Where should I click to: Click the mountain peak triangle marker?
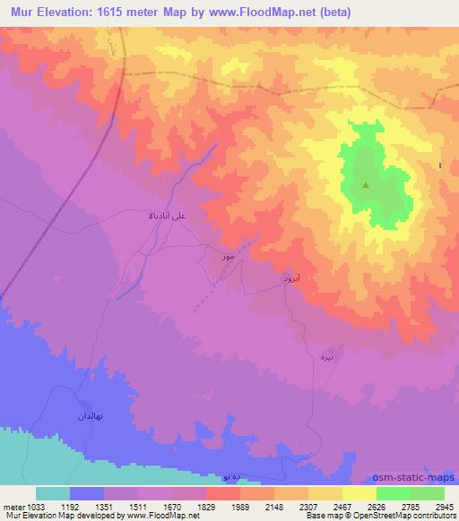pos(365,186)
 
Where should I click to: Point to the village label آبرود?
pos(295,280)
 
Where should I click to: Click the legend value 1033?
pos(36,508)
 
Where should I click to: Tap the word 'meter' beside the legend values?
pos(12,508)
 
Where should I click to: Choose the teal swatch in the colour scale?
pos(53,493)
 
